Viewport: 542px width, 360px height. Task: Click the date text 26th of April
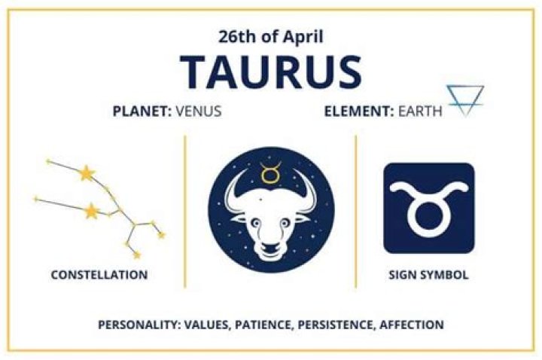pyautogui.click(x=271, y=35)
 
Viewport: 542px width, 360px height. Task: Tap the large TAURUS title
pyautogui.click(x=271, y=72)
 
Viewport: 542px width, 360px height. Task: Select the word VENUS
pyautogui.click(x=199, y=112)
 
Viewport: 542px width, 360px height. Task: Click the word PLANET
pyautogui.click(x=142, y=112)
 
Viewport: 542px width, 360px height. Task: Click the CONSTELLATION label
pyautogui.click(x=99, y=275)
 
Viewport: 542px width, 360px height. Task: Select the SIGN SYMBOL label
pyautogui.click(x=428, y=275)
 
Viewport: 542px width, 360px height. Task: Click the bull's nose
pyautogui.click(x=270, y=246)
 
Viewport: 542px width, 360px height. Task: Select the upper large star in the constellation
pyautogui.click(x=87, y=174)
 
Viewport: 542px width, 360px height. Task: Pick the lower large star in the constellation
pyautogui.click(x=92, y=211)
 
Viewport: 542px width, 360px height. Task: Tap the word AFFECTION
pyautogui.click(x=410, y=325)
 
